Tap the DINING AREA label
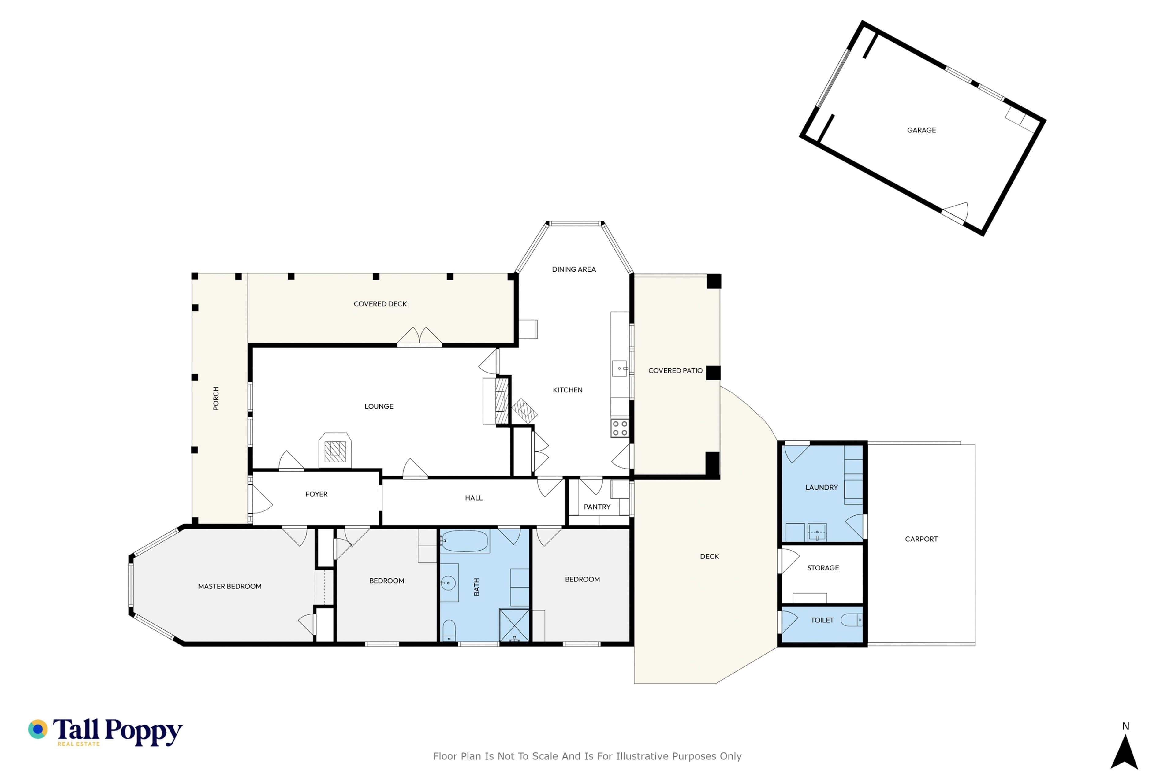click(573, 269)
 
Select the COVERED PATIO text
click(675, 370)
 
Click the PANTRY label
click(597, 507)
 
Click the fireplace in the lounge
click(335, 451)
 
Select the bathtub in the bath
click(464, 541)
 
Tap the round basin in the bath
click(448, 583)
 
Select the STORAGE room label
click(823, 568)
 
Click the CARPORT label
click(921, 539)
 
